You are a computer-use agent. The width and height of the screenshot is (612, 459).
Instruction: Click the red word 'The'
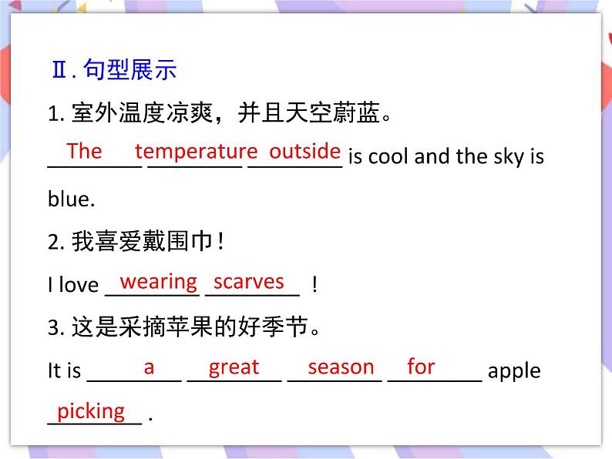[84, 151]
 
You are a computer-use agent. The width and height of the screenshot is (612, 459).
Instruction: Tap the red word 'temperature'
[196, 151]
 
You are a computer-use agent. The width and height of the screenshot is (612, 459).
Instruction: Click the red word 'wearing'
[159, 282]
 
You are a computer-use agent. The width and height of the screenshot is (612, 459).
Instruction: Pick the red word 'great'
[234, 368]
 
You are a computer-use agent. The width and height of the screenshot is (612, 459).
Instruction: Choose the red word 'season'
[341, 367]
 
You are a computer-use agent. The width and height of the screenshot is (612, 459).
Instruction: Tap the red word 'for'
[421, 367]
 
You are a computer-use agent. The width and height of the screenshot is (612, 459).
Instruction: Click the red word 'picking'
[91, 411]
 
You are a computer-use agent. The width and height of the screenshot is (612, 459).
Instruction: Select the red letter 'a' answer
[149, 368]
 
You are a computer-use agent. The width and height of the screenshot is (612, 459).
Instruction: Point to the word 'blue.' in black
[71, 199]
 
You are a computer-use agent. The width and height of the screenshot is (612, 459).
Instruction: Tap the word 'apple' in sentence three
[515, 371]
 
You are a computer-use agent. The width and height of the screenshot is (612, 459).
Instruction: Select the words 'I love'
[73, 285]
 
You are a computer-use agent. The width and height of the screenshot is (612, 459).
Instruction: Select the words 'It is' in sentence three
[64, 371]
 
